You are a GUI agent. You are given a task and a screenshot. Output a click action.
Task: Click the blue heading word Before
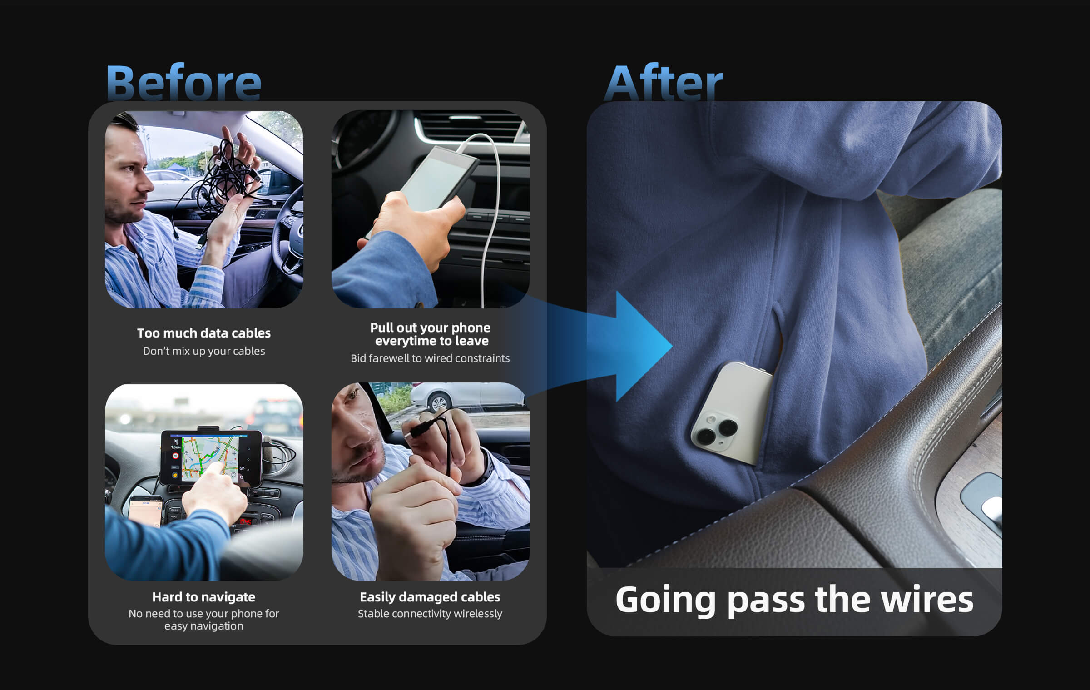point(184,83)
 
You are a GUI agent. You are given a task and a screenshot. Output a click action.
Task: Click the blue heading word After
point(664,83)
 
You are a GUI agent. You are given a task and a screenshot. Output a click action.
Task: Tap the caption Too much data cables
point(204,333)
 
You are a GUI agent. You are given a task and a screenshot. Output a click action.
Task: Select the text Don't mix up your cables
point(204,351)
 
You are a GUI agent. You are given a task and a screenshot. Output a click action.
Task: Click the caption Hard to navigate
point(203,597)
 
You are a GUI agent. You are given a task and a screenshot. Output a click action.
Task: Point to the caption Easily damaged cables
point(430,597)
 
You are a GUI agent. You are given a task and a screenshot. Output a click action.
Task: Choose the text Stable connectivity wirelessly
point(430,614)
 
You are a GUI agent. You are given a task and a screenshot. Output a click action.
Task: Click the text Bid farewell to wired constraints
point(430,358)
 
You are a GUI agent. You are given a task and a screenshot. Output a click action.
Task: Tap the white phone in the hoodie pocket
point(732,413)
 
